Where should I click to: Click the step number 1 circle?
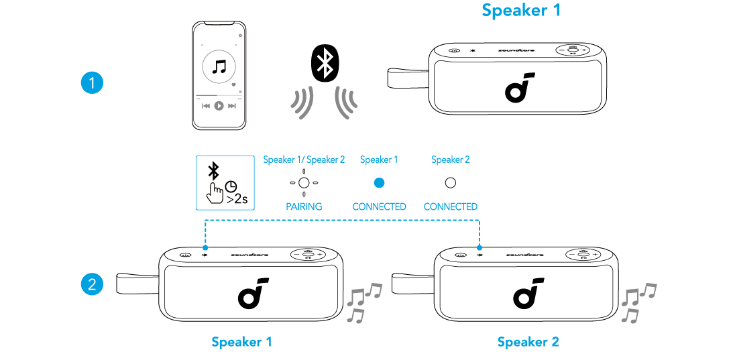(x=91, y=84)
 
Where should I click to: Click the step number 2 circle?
(x=91, y=284)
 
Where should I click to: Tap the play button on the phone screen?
(x=219, y=106)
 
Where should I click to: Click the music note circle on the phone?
(x=219, y=67)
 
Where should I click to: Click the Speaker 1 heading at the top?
(x=521, y=11)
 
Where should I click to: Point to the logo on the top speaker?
(x=519, y=86)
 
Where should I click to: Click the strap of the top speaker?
(x=406, y=78)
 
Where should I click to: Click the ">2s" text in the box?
(x=237, y=199)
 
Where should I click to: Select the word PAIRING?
(x=304, y=206)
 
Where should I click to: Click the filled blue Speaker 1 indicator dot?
(x=379, y=182)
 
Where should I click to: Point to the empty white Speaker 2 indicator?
(x=450, y=182)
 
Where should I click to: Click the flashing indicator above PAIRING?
(x=304, y=182)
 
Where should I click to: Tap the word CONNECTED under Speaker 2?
(x=450, y=206)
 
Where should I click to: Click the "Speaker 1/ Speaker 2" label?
(x=304, y=160)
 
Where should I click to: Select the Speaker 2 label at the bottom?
(x=528, y=342)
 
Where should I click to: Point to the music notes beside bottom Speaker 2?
(x=637, y=302)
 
